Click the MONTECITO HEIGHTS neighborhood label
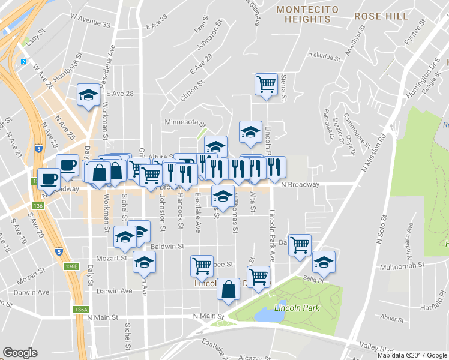pos(307,14)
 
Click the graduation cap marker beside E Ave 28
pos(88,95)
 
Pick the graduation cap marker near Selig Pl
pos(324,262)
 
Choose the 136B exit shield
pos(71,266)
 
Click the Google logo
pos(20,353)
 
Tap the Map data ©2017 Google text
pos(412,355)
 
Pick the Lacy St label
pos(35,38)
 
